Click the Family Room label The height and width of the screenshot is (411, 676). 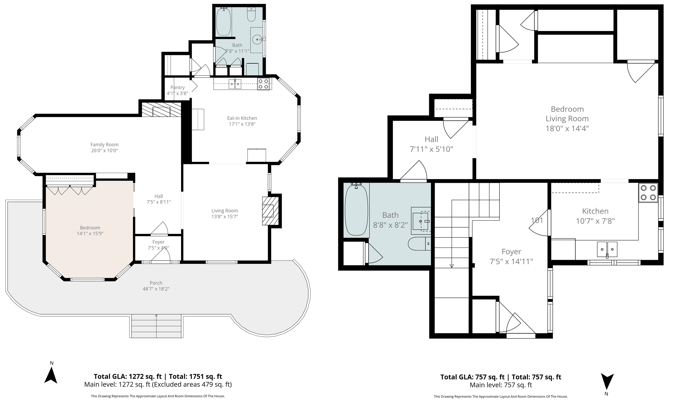105,144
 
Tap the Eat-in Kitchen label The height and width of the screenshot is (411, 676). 242,118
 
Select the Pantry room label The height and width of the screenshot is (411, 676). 178,88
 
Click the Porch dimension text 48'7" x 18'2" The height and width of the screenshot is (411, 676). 156,289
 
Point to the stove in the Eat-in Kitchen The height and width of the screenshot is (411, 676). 264,84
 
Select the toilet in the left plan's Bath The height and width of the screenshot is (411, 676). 251,15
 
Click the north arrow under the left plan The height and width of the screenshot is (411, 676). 51,375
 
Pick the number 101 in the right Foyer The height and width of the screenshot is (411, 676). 537,220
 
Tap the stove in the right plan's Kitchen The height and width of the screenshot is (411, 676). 648,193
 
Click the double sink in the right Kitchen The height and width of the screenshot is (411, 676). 607,250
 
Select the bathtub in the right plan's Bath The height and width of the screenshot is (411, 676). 356,210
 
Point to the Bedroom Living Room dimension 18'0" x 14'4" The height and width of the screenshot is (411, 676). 567,128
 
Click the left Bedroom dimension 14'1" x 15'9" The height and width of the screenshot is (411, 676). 90,234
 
